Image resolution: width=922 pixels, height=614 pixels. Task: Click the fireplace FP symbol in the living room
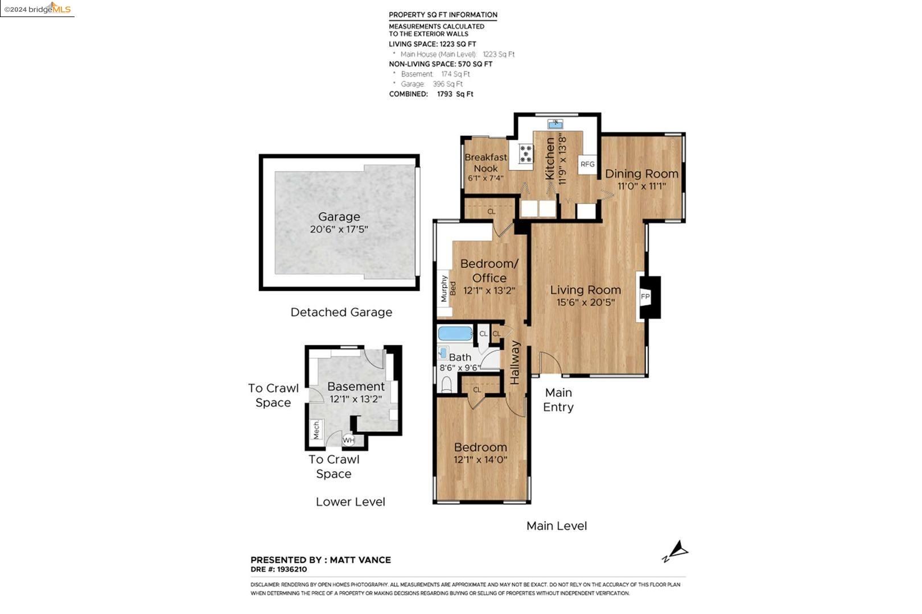pyautogui.click(x=645, y=296)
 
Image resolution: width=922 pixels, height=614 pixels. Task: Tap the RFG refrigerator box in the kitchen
pyautogui.click(x=587, y=164)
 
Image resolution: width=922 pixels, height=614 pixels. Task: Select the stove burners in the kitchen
pyautogui.click(x=526, y=154)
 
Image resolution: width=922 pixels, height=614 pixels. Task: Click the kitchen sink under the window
pyautogui.click(x=555, y=124)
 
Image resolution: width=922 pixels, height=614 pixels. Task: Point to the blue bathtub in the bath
pyautogui.click(x=455, y=334)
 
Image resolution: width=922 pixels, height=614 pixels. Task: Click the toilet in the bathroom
pyautogui.click(x=447, y=385)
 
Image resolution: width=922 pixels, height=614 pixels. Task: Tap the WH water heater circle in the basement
pyautogui.click(x=348, y=441)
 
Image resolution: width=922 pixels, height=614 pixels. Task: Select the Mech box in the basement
pyautogui.click(x=316, y=430)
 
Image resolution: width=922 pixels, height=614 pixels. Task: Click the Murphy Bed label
pyautogui.click(x=448, y=288)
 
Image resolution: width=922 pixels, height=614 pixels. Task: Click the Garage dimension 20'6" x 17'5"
pyautogui.click(x=339, y=230)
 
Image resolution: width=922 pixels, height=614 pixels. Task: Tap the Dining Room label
pyautogui.click(x=641, y=173)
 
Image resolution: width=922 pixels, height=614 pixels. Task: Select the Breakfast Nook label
pyautogui.click(x=485, y=163)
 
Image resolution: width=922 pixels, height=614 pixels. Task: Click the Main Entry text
pyautogui.click(x=558, y=400)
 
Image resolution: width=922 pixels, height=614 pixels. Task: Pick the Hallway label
pyautogui.click(x=515, y=362)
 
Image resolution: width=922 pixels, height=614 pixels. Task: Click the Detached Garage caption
pyautogui.click(x=341, y=312)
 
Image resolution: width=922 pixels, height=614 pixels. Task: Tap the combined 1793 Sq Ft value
pyautogui.click(x=455, y=94)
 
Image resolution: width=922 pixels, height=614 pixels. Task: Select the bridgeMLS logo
pyautogui.click(x=38, y=9)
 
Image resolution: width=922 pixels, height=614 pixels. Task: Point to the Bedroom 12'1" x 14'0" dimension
pyautogui.click(x=480, y=460)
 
